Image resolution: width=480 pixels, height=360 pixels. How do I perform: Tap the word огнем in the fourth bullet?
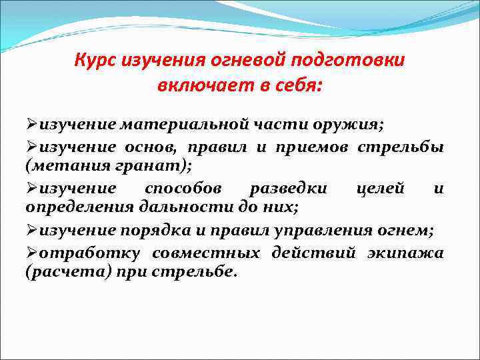pos(409,231)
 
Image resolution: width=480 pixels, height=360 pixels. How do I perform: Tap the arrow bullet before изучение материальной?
pos(32,125)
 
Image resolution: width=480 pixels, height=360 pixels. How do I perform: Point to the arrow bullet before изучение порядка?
pos(32,231)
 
